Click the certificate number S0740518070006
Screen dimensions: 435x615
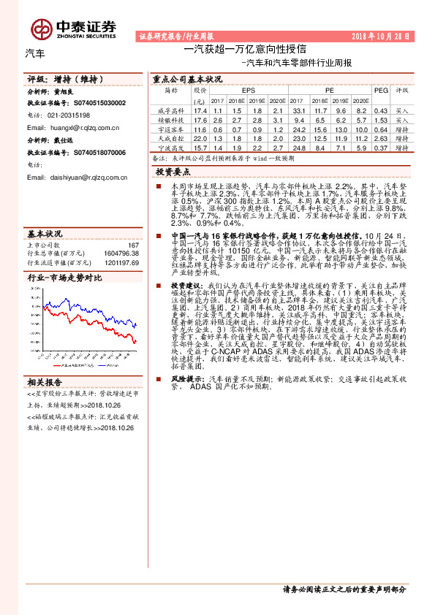[x=99, y=152]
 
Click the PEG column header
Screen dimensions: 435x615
[x=381, y=90]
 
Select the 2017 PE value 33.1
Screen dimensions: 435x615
[x=297, y=110]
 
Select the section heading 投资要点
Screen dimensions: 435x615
[x=173, y=172]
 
